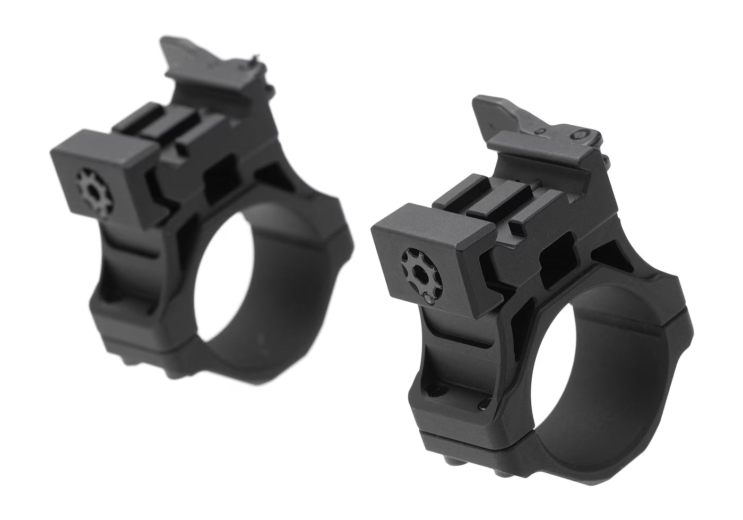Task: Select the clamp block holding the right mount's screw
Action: (425, 255)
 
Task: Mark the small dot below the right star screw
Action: (428, 300)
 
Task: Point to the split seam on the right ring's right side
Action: (685, 321)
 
